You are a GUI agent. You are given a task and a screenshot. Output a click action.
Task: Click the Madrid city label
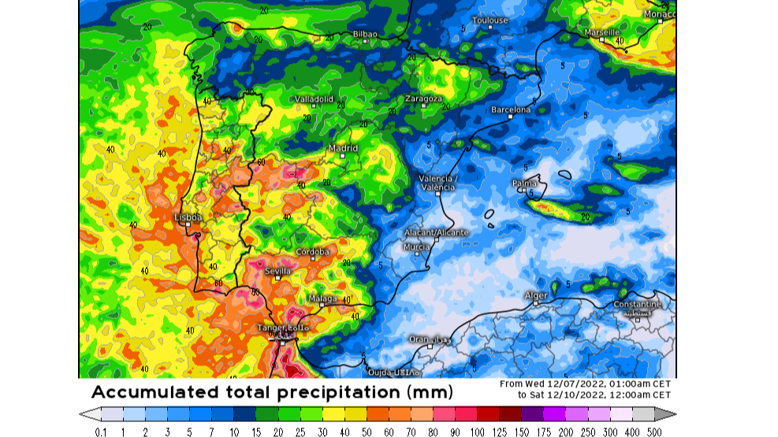coord(343,148)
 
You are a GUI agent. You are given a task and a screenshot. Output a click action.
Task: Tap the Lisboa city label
coord(188,217)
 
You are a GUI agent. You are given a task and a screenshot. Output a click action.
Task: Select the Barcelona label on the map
coord(511,109)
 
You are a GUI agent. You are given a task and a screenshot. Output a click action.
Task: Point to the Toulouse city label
coord(490,20)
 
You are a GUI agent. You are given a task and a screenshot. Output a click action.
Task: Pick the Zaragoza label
coord(423,98)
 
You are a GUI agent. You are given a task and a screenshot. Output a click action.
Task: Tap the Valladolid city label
coord(314,98)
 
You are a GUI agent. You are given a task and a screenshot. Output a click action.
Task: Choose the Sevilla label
coord(277,271)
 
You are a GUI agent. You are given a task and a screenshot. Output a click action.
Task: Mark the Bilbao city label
coord(365,34)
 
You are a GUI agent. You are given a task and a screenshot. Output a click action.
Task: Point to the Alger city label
coord(535,295)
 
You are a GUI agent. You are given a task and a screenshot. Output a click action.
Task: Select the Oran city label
coord(419,339)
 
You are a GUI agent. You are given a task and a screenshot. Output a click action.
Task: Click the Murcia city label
coord(416,246)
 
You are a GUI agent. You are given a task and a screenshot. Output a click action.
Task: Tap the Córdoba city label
coord(311,252)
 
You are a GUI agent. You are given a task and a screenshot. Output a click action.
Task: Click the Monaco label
coord(659,14)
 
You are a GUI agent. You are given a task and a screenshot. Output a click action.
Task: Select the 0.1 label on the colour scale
coord(101,431)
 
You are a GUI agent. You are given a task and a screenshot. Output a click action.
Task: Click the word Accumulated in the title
coord(147,392)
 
